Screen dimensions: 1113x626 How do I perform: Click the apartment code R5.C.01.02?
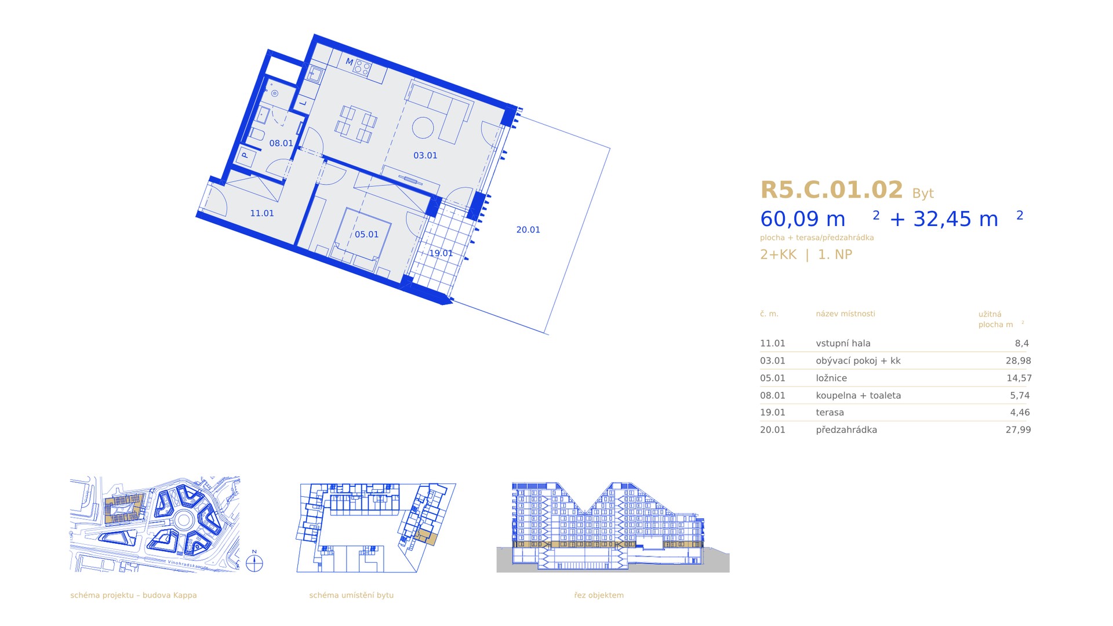pos(831,190)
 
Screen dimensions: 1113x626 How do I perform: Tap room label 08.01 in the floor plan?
pos(281,143)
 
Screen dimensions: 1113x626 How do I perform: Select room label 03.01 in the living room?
pos(425,155)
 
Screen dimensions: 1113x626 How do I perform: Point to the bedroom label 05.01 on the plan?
pos(366,234)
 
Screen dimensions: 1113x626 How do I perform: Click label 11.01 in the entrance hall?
pos(262,213)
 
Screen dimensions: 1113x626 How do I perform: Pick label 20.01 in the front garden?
pos(528,230)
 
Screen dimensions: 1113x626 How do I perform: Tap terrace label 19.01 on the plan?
pos(441,253)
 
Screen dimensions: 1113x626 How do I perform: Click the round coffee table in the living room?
pos(423,128)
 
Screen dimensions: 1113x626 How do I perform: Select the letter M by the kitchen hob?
pos(349,61)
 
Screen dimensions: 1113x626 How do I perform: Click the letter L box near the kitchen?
pos(303,104)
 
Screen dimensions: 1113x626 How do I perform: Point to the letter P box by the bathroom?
pos(245,155)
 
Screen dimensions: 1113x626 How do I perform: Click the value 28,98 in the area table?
pos(1019,361)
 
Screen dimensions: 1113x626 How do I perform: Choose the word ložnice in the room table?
pos(831,378)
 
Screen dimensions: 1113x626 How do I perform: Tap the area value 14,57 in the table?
pos(1019,378)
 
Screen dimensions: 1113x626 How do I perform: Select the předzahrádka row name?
pos(846,430)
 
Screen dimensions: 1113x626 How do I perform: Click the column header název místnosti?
pos(845,314)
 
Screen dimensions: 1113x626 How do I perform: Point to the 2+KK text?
pos(779,254)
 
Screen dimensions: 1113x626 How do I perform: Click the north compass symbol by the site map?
pos(254,563)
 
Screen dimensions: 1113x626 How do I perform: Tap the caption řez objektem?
pos(599,595)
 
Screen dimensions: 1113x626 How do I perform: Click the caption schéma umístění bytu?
pos(351,595)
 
